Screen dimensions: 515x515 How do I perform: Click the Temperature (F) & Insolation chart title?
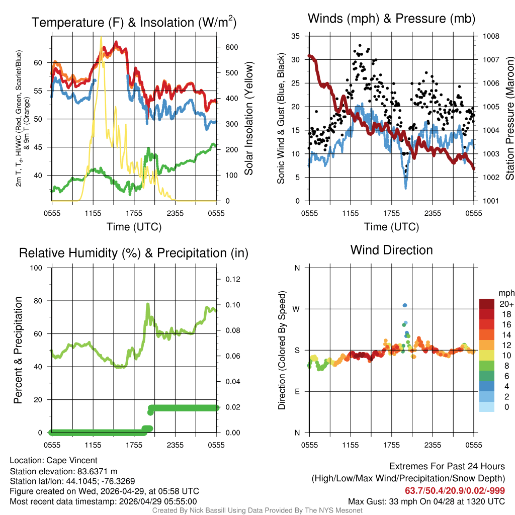[133, 23]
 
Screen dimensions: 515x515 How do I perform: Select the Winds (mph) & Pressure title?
[391, 19]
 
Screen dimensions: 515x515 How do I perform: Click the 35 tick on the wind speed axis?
[295, 36]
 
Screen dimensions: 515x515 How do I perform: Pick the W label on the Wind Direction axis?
[297, 309]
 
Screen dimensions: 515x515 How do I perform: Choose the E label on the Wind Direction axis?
[297, 391]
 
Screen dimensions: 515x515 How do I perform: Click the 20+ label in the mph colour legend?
[505, 304]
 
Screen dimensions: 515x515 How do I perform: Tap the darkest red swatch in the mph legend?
[488, 304]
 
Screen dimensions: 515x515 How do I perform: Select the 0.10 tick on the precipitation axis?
[230, 305]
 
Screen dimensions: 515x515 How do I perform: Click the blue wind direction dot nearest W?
[405, 305]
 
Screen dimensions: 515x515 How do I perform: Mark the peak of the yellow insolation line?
[101, 37]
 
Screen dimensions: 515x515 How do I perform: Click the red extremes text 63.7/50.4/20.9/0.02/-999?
[455, 490]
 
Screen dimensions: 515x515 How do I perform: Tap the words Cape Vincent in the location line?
[72, 460]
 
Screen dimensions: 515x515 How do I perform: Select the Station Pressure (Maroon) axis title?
[509, 119]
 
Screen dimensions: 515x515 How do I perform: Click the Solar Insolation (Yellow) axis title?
[248, 119]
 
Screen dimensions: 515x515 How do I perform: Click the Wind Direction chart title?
[391, 250]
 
